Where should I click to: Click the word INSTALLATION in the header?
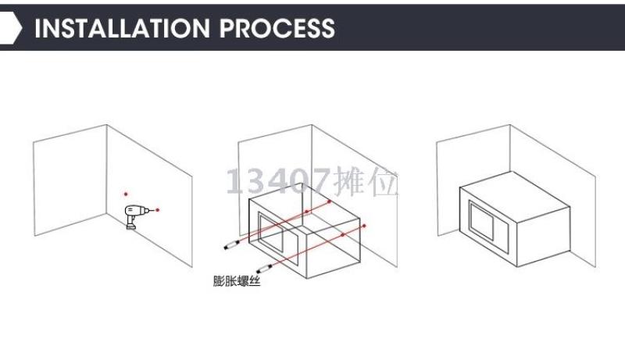pos(123,28)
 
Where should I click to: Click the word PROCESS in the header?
pos(277,28)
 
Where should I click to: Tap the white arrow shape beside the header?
pos(10,27)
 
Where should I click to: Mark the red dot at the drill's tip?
pos(158,210)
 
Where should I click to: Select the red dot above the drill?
pos(126,194)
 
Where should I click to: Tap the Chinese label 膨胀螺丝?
pos(237,281)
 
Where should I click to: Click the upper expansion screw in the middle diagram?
pos(231,245)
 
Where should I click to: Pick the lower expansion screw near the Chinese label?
pos(264,269)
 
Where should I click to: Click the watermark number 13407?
pos(278,181)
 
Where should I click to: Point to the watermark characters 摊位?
pos(366,182)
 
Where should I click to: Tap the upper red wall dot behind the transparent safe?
pos(329,202)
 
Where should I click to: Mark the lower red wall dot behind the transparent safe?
pos(364,226)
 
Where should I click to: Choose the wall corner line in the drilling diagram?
pos(106,169)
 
